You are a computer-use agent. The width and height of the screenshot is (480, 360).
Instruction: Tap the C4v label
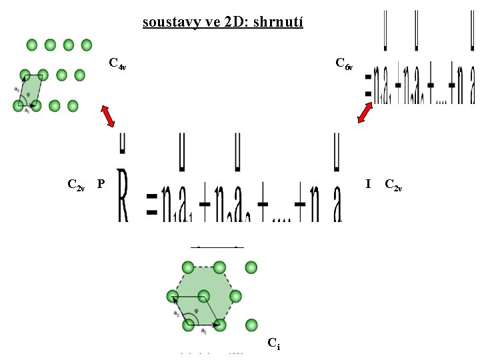tap(118, 65)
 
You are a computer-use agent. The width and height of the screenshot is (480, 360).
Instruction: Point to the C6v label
tap(344, 65)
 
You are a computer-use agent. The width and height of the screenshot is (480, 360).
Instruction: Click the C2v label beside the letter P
tap(76, 185)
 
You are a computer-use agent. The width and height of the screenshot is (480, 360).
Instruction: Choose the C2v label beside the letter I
tap(393, 185)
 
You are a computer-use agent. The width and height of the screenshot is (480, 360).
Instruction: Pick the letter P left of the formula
tap(101, 183)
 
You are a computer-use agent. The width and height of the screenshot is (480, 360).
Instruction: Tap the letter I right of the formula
tap(369, 183)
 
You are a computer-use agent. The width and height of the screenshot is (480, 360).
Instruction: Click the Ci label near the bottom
tap(273, 343)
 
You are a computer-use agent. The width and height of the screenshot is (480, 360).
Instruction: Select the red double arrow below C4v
tap(108, 116)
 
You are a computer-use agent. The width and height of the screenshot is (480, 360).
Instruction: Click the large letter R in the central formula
tap(123, 196)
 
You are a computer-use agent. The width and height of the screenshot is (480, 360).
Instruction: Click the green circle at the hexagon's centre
tap(204, 296)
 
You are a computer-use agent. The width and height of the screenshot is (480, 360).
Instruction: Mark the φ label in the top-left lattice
tap(27, 94)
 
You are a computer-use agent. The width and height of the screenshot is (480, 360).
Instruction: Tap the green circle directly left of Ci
tap(251, 325)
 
